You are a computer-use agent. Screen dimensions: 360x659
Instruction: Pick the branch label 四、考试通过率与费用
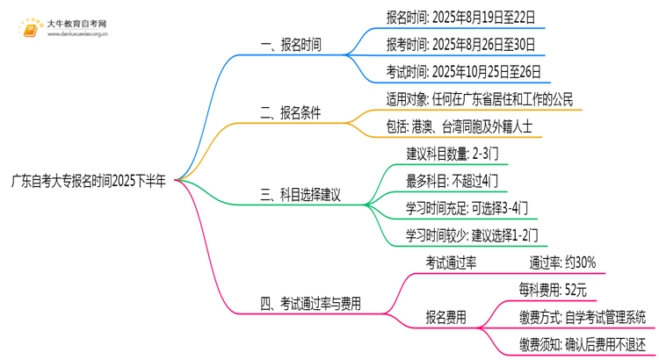coord(316,304)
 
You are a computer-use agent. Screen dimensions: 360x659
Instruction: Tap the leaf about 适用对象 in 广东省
coord(479,98)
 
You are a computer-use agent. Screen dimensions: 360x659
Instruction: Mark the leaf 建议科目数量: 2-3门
coord(453,154)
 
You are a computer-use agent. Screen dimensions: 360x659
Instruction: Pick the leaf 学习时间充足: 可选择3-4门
coord(467,208)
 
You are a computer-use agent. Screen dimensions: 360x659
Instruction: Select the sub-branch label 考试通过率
coord(451,262)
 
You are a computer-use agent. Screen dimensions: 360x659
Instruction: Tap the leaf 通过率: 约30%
coord(561,262)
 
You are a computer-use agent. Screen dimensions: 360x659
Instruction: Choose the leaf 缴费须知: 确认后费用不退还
coord(583,343)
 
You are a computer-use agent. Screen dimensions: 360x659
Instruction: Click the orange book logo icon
coord(33,31)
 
